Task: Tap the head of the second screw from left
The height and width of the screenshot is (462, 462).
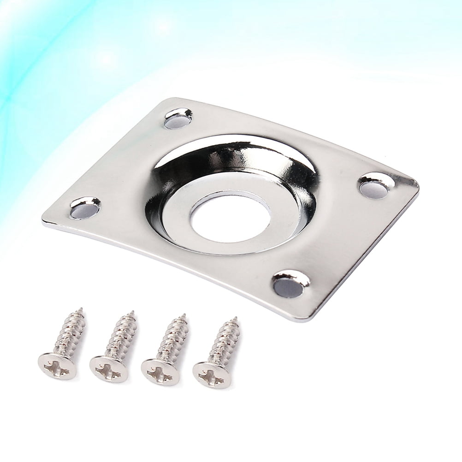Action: [x=108, y=368]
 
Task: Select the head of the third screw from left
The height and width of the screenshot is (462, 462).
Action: [x=160, y=371]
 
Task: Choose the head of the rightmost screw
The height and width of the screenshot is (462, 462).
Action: [x=211, y=373]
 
